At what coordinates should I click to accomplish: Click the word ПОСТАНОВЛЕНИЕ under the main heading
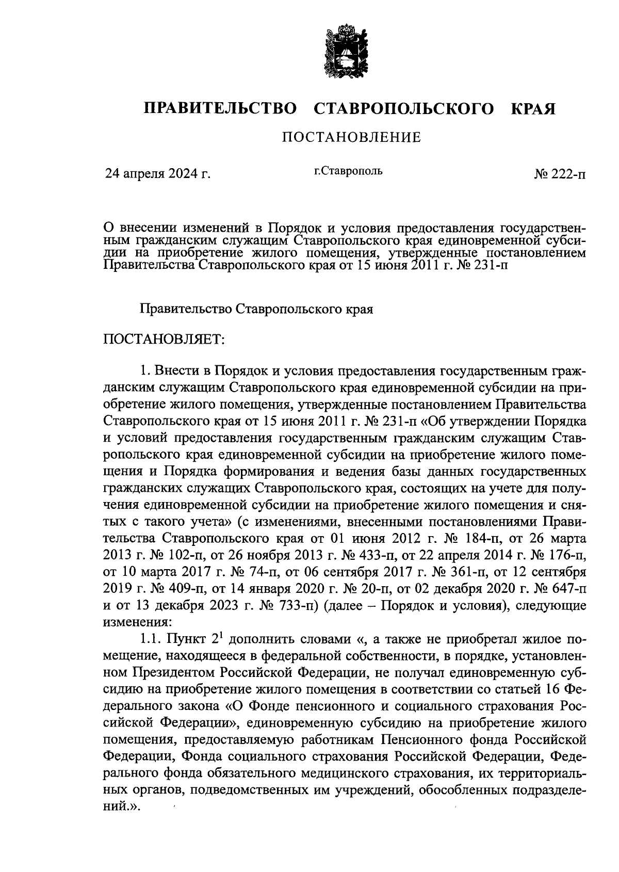click(351, 137)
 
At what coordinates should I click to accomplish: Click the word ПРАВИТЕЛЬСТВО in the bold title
click(220, 109)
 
